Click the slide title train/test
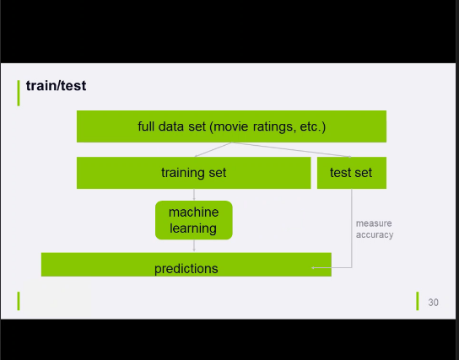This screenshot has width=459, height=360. tap(56, 86)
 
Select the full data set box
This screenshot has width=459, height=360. tap(231, 126)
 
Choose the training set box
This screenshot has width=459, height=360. tap(193, 173)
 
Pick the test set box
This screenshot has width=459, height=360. tap(352, 173)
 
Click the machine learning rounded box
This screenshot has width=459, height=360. tap(194, 220)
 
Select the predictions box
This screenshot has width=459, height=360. tap(186, 265)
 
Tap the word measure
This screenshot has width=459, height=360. tap(374, 223)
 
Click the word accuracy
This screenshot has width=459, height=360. tap(375, 235)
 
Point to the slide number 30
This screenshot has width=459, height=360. tap(433, 303)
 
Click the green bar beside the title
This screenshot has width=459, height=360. tap(19, 93)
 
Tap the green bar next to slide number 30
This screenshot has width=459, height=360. tap(418, 301)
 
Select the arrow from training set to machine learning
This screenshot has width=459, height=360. tap(194, 195)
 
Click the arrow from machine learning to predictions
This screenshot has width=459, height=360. tap(194, 245)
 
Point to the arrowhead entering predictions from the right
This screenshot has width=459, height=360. tap(313, 267)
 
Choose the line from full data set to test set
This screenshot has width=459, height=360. tap(291, 150)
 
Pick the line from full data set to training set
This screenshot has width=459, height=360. tap(213, 150)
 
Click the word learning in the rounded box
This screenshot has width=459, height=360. tap(193, 228)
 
